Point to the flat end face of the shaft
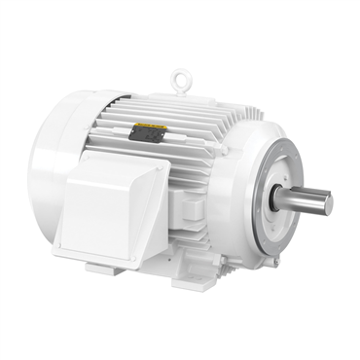[x=328, y=204]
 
